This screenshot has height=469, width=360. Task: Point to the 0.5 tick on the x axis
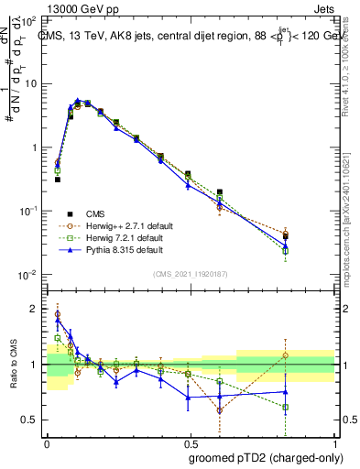(x=189, y=444)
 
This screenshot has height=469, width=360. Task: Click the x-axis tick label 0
(x=47, y=444)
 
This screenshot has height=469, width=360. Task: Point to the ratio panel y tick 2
(x=35, y=309)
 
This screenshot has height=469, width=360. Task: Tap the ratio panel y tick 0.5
(x=31, y=420)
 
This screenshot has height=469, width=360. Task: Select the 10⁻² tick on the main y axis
(x=30, y=275)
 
